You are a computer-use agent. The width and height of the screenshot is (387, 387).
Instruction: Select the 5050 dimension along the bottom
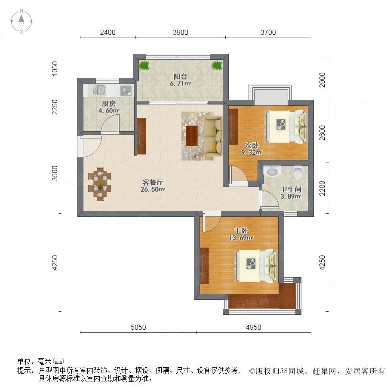[138, 327]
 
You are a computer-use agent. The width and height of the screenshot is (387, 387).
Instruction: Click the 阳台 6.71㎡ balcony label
[180, 80]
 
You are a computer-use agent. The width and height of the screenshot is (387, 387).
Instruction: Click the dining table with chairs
[100, 184]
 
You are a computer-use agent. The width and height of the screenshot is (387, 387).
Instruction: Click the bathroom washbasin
[272, 172]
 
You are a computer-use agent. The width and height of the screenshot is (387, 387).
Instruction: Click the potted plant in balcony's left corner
[144, 66]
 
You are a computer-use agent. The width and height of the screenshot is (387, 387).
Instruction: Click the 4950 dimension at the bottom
[253, 327]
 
